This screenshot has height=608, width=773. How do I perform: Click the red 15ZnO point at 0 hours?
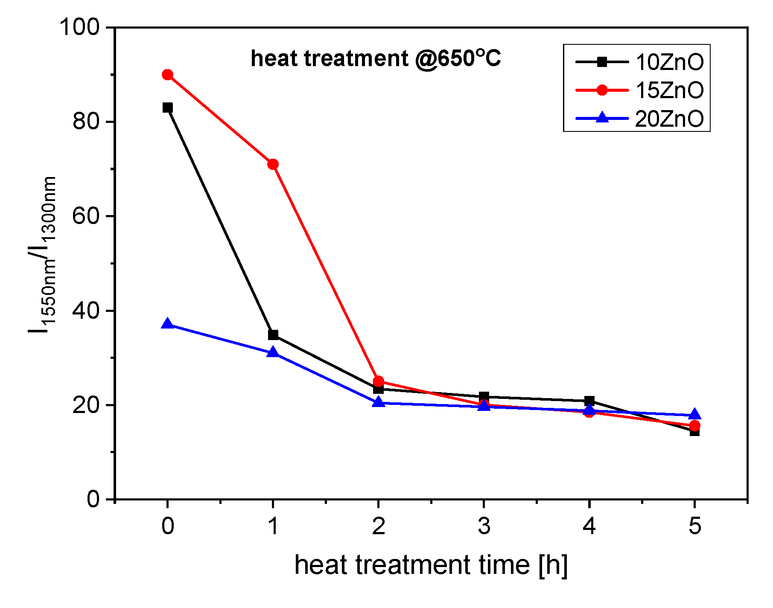[x=168, y=75]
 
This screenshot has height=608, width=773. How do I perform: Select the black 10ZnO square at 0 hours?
[x=168, y=108]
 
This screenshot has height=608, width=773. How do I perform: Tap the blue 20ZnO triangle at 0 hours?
[x=168, y=324]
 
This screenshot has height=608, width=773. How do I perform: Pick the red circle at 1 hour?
[x=273, y=164]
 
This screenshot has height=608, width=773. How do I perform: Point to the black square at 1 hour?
[x=273, y=335]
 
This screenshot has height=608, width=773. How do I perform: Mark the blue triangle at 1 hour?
[x=273, y=352]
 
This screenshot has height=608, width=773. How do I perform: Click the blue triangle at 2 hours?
[x=378, y=402]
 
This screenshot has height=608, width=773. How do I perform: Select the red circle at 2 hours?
[x=378, y=381]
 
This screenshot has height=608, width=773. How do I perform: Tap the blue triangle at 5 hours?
[x=694, y=414]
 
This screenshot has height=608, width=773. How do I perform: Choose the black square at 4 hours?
[x=589, y=401]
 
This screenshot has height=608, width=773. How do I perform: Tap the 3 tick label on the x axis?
[x=484, y=526]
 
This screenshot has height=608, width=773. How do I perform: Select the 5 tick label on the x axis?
[x=694, y=526]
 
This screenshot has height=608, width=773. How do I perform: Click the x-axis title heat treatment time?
[x=431, y=565]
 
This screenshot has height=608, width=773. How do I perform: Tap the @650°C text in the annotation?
[x=458, y=58]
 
